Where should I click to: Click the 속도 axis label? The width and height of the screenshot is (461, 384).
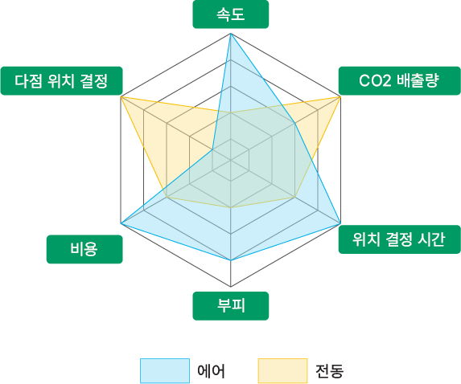(x=230, y=14)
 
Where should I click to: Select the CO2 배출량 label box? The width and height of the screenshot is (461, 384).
(x=399, y=80)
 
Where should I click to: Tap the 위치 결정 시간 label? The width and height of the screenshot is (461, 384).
(x=399, y=239)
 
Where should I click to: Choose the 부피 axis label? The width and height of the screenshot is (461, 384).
(x=230, y=305)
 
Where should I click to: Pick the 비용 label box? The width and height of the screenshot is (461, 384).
(x=84, y=249)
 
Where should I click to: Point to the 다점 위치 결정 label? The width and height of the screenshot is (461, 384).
(x=61, y=80)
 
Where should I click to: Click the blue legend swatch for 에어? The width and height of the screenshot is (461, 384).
(x=165, y=370)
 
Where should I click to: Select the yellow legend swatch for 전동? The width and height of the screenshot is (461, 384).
(x=282, y=370)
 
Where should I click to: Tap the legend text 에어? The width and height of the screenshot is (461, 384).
(x=211, y=371)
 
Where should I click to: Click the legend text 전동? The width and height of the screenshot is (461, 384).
(x=329, y=371)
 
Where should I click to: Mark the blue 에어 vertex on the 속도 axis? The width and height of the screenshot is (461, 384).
(x=231, y=34)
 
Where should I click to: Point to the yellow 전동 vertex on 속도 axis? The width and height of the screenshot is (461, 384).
(x=231, y=112)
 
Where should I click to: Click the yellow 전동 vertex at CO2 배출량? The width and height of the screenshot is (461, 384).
(x=340, y=96)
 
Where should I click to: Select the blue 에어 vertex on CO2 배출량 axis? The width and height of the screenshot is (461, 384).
(x=295, y=124)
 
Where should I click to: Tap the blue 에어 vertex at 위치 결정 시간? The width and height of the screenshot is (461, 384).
(x=340, y=223)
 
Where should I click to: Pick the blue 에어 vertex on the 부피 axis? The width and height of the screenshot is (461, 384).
(x=231, y=260)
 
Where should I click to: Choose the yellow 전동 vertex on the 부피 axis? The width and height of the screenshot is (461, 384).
(x=231, y=207)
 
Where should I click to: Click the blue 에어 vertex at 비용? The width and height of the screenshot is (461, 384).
(x=121, y=223)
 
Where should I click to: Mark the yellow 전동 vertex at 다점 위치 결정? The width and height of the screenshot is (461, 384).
(x=121, y=96)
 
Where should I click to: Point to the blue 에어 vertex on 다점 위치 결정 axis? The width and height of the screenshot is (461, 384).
(x=212, y=149)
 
